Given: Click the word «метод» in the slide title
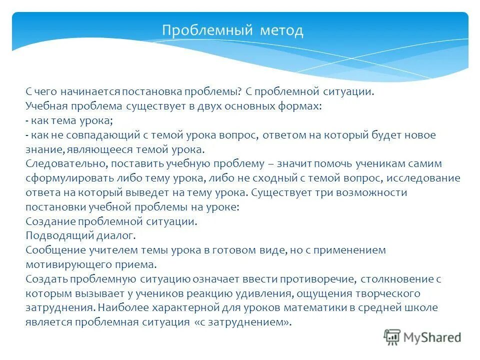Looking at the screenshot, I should pyautogui.click(x=281, y=31).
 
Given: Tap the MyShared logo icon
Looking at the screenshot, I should pyautogui.click(x=392, y=337).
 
